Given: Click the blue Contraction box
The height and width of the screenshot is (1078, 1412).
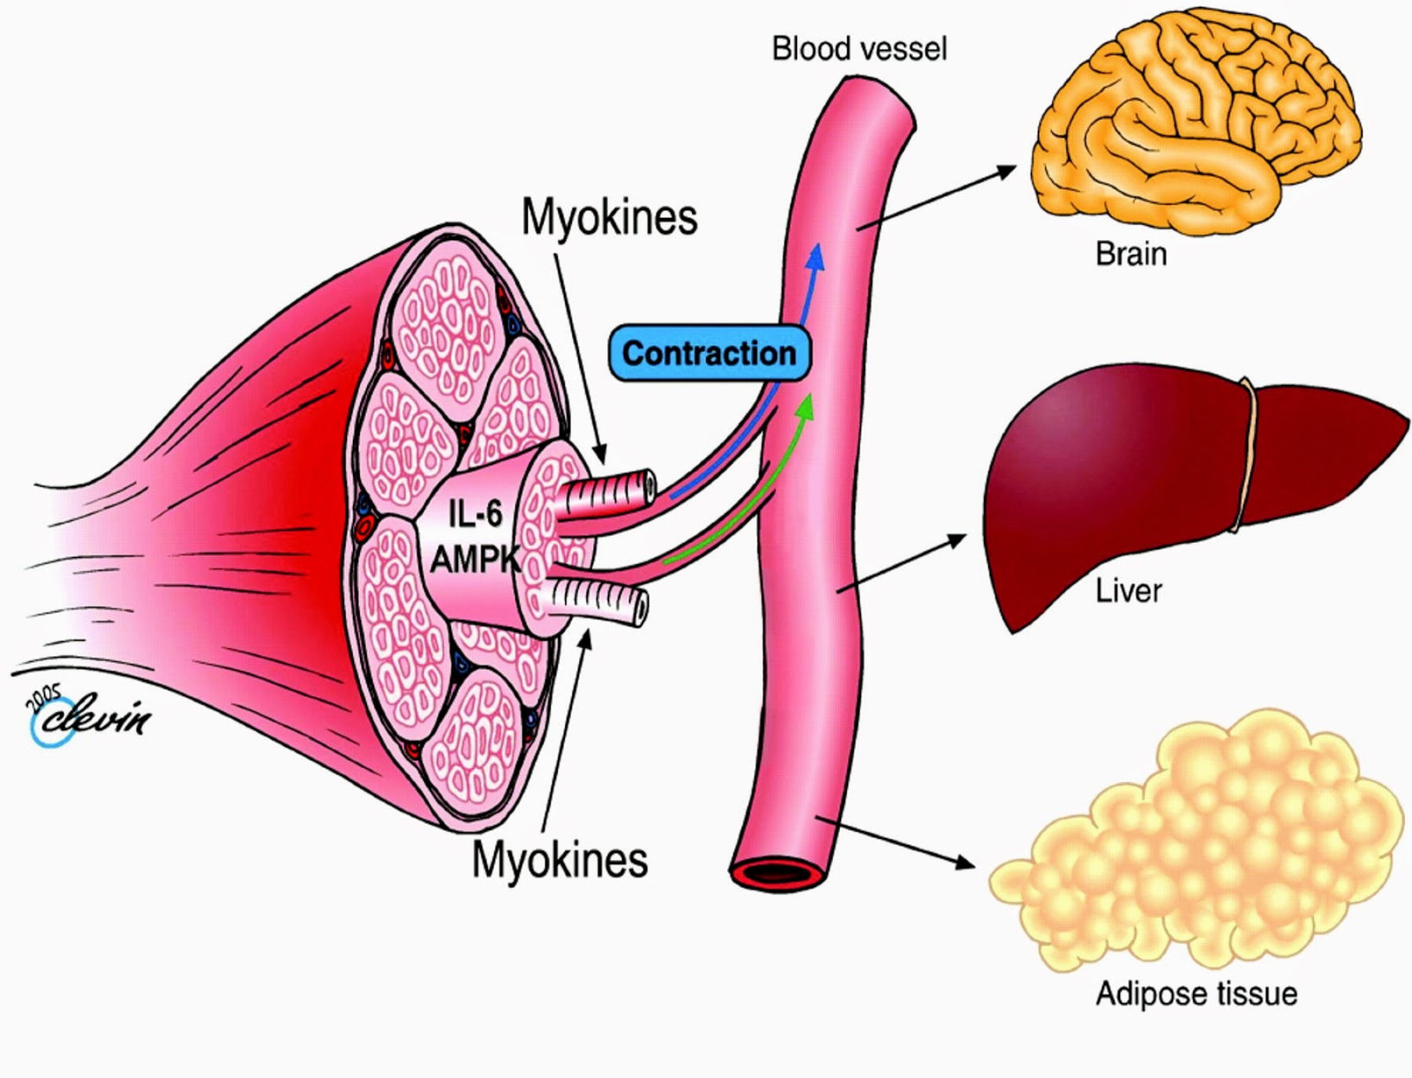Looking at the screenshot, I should [710, 353].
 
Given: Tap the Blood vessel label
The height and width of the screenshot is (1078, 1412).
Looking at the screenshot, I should [859, 48].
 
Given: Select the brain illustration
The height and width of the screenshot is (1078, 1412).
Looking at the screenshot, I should [1196, 124].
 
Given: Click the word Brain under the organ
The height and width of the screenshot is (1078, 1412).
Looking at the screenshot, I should [1130, 254].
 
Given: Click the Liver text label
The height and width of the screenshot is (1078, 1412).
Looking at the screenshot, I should [1129, 591].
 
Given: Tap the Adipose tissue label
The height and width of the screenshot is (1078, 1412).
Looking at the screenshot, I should [1196, 994].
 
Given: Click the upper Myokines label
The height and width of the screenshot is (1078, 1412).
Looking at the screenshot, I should [609, 217].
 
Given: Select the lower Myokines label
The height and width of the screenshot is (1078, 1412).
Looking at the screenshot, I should [560, 859].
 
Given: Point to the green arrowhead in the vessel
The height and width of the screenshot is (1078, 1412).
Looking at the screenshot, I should [804, 407].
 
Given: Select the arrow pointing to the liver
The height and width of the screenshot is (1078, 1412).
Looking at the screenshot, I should [900, 564].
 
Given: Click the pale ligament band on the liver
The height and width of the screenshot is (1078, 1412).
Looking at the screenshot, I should [1244, 455].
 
